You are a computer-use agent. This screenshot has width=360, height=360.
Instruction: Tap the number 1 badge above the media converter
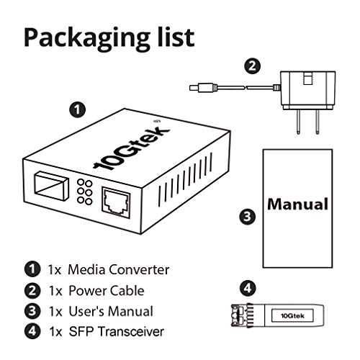(78, 109)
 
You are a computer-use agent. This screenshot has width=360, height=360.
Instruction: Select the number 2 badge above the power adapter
(252, 66)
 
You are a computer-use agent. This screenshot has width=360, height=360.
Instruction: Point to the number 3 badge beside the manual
(248, 217)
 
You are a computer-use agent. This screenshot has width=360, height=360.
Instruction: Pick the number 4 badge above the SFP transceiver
(248, 288)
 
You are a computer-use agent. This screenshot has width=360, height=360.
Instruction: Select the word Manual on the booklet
(297, 204)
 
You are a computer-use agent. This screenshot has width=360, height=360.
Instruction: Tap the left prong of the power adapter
(298, 122)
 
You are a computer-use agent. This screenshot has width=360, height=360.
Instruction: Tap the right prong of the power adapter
(318, 122)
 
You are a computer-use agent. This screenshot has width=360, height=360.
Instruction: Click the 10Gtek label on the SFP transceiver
(292, 315)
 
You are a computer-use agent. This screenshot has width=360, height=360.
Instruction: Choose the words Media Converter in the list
(119, 269)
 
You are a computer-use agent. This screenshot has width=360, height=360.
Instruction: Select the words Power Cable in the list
(107, 291)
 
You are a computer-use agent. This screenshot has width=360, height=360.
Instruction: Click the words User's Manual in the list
(111, 311)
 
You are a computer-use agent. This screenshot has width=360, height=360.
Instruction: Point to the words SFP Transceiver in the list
(117, 331)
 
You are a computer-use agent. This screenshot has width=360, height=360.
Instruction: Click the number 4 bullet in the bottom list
(32, 331)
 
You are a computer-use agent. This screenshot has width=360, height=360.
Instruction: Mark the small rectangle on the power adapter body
(308, 78)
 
